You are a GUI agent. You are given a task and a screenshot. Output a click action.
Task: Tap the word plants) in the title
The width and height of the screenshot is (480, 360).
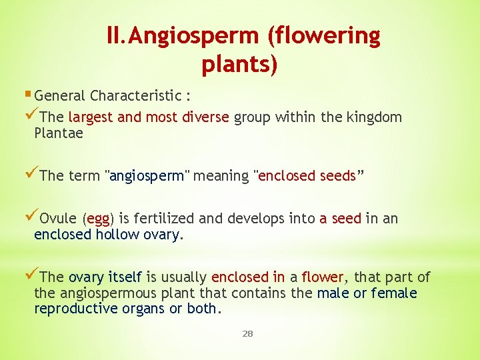click(x=239, y=65)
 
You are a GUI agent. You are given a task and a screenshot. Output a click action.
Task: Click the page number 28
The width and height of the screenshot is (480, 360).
click(x=247, y=333)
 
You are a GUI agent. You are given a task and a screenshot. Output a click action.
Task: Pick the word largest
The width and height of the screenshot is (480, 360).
click(x=90, y=118)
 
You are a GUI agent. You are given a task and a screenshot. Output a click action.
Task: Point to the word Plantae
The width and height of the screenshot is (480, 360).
click(x=59, y=133)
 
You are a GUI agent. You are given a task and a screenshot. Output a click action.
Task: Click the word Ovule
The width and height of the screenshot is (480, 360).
click(x=59, y=219)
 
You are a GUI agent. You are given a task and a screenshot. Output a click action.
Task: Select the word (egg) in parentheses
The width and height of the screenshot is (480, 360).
click(x=98, y=219)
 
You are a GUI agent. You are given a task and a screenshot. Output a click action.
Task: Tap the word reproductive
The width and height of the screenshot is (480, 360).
click(x=75, y=309)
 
